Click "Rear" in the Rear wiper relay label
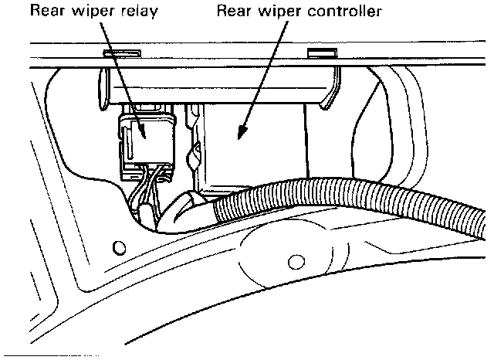[x=47, y=12]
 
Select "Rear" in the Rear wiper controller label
[x=235, y=12]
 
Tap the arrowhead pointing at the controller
[x=242, y=136]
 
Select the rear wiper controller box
[x=255, y=147]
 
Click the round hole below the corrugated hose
[x=293, y=260]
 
